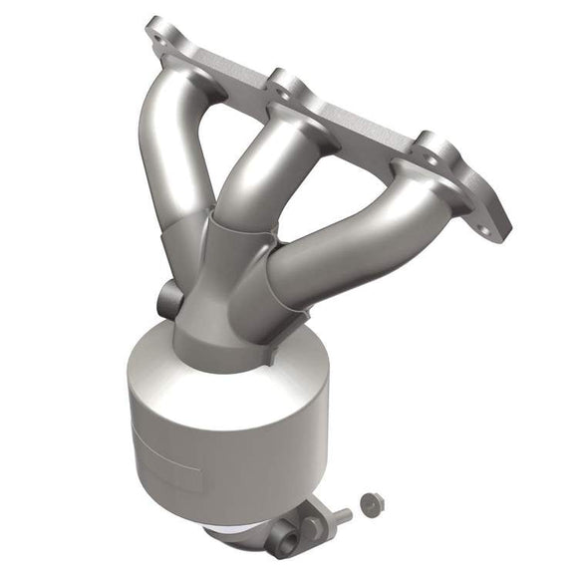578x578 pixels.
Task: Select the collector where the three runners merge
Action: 224,289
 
